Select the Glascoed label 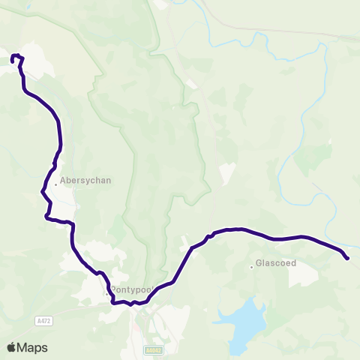coord(276,263)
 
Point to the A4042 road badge coord(153,349)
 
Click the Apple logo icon coord(12,347)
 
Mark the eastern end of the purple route coord(347,259)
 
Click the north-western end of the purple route coord(11,58)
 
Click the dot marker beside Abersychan coord(55,180)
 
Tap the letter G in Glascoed coord(259,263)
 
